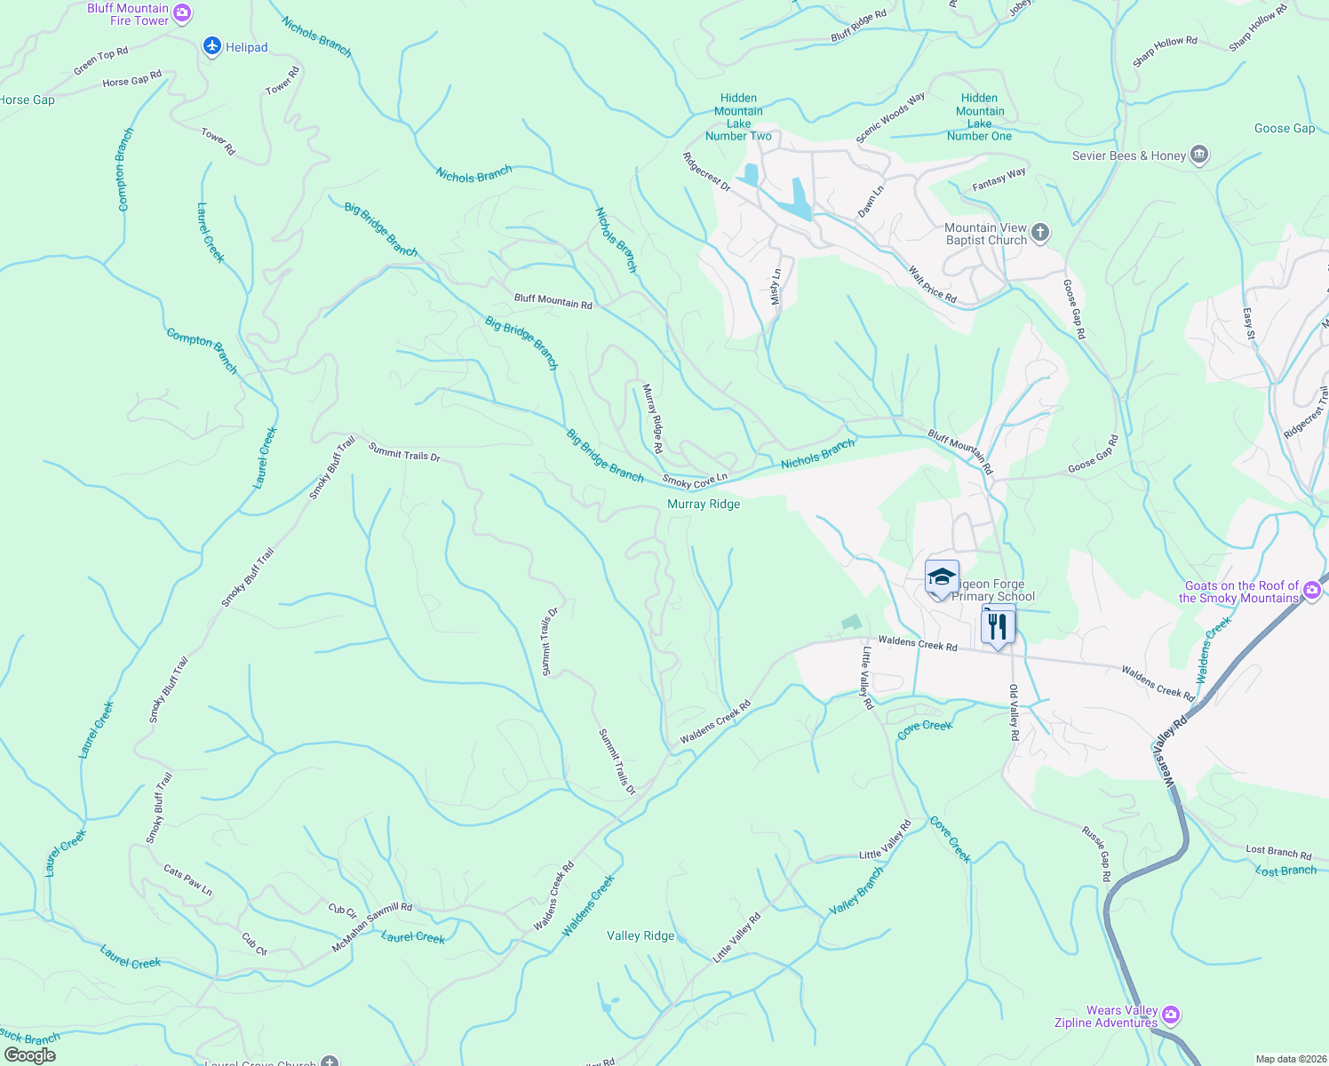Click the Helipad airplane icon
click(x=211, y=46)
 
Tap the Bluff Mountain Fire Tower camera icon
click(x=182, y=13)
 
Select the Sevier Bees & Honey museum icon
click(x=1199, y=155)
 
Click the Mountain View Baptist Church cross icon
click(x=1040, y=234)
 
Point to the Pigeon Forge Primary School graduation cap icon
click(x=942, y=578)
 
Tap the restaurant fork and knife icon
click(x=998, y=626)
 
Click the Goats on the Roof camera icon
click(x=1312, y=591)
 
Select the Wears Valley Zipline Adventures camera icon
click(x=1171, y=1014)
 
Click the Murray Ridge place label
click(x=704, y=504)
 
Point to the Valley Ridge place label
click(x=641, y=935)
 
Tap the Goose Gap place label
click(x=1284, y=128)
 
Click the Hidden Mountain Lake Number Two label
click(x=738, y=117)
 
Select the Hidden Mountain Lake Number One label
click(x=979, y=117)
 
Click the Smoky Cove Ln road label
click(x=695, y=481)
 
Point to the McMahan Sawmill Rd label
click(x=372, y=927)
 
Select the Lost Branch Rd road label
click(x=1278, y=852)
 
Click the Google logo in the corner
click(x=30, y=1055)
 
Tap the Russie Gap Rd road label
click(x=1096, y=854)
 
